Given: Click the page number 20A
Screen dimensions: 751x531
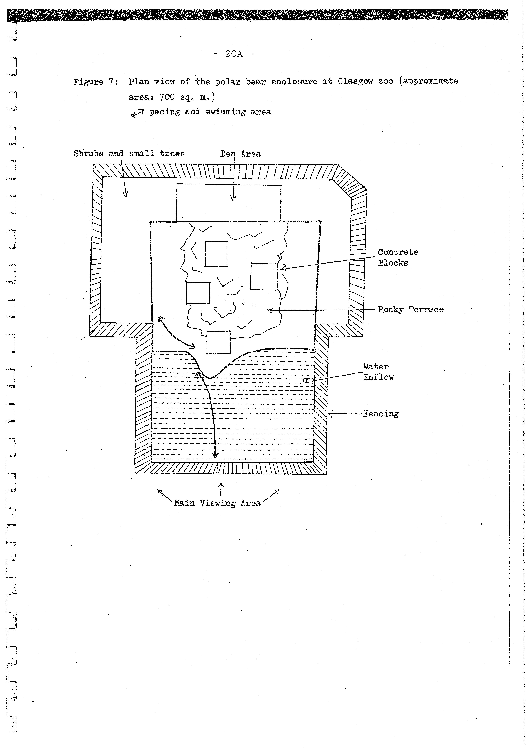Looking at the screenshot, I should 234,54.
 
